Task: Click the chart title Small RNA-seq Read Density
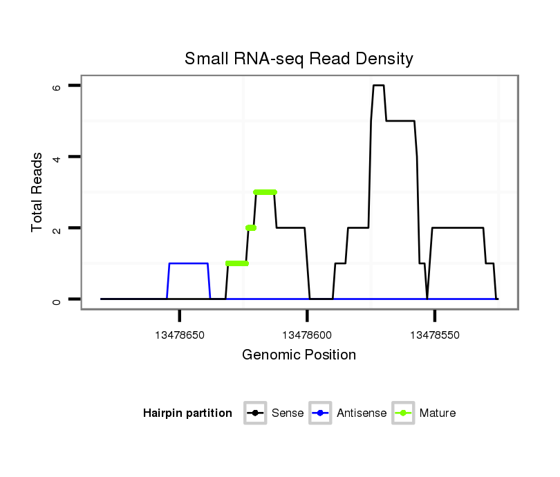pos(299,59)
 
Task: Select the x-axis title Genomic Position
pos(299,355)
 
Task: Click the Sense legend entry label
pos(288,413)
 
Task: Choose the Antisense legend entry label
pos(362,413)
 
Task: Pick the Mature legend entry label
pos(437,413)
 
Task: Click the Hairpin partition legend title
pos(187,413)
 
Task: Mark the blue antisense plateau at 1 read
pos(189,263)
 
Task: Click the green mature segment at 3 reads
pos(265,192)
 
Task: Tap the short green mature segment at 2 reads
pos(251,227)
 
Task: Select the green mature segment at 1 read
pos(237,263)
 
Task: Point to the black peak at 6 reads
pos(378,86)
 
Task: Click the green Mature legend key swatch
pos(403,413)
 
